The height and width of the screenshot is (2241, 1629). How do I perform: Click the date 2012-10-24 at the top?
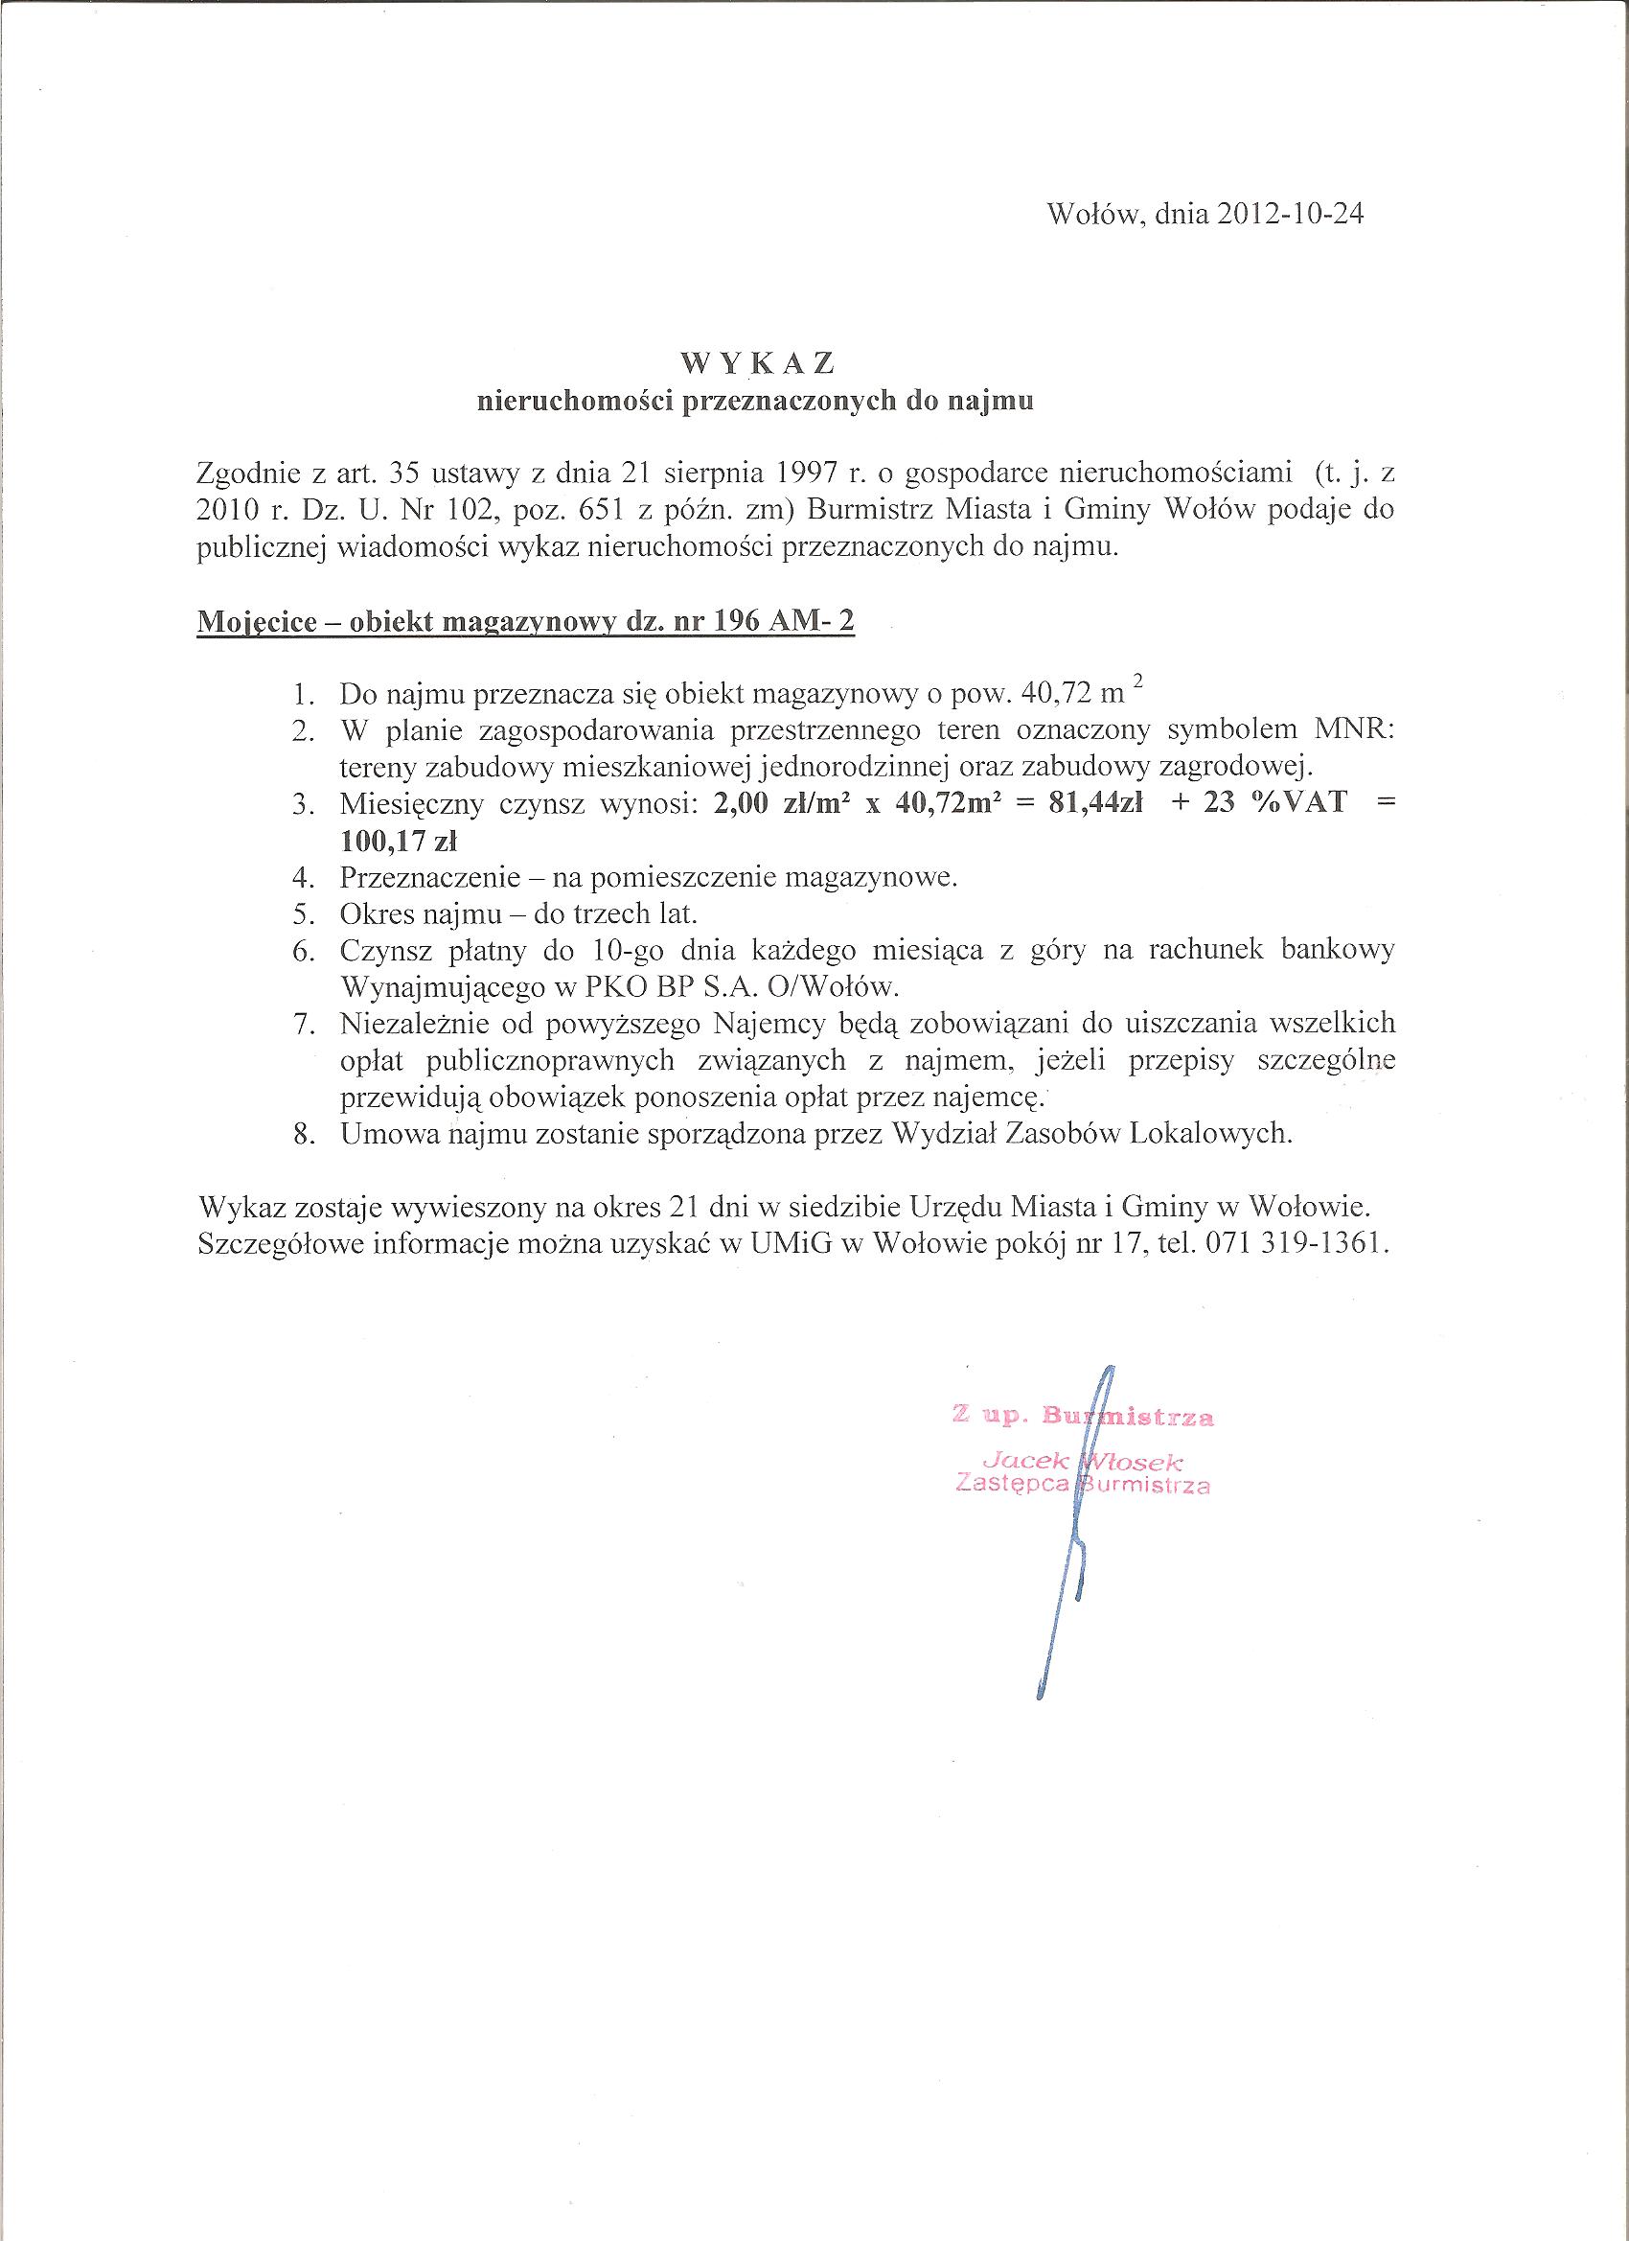coord(1282,216)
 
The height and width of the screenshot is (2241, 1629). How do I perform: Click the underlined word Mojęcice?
coord(256,622)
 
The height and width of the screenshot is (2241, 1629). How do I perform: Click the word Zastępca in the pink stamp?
coord(1014,1484)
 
